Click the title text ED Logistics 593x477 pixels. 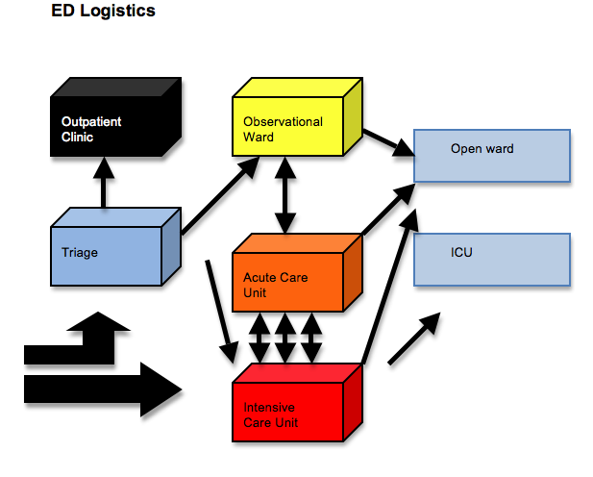(103, 12)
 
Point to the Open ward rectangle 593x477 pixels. (492, 155)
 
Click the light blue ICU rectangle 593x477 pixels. (492, 259)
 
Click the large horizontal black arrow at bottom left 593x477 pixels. (101, 389)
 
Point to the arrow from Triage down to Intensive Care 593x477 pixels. (220, 306)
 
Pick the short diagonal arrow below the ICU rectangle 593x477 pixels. (414, 339)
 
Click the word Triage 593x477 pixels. (79, 253)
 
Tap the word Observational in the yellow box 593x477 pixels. (283, 122)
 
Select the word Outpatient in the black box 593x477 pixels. (91, 122)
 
